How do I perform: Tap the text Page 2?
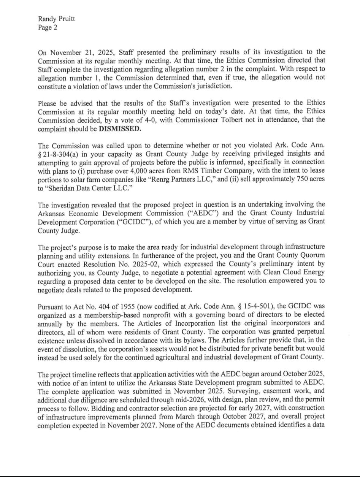click(x=48, y=27)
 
